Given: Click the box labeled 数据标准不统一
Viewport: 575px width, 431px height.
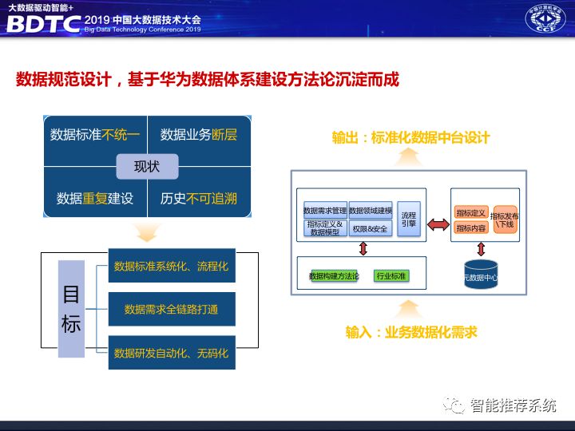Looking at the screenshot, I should coord(94,135).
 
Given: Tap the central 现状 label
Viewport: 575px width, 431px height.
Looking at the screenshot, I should coord(147,167).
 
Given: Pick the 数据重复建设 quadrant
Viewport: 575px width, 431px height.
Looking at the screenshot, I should coord(94,197).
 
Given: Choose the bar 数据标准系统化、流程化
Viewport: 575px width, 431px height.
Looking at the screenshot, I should coord(171,267).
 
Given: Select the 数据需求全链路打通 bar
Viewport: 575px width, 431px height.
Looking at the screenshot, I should coord(171,309).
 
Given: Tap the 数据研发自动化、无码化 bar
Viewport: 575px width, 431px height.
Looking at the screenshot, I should coord(171,352).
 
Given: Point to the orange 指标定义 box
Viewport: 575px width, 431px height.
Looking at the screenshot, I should coord(471,213).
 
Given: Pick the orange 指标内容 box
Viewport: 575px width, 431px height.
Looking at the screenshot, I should coord(471,228).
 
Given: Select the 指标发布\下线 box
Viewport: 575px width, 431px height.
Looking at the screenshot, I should coord(505,220).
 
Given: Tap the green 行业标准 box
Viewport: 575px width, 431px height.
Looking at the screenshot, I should coord(391,276).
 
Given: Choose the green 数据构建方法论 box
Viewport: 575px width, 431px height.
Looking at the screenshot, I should coord(335,276).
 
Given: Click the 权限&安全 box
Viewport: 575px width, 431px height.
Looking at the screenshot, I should coord(370,228).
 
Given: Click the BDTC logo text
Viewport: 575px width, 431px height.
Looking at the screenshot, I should coord(44,24).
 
